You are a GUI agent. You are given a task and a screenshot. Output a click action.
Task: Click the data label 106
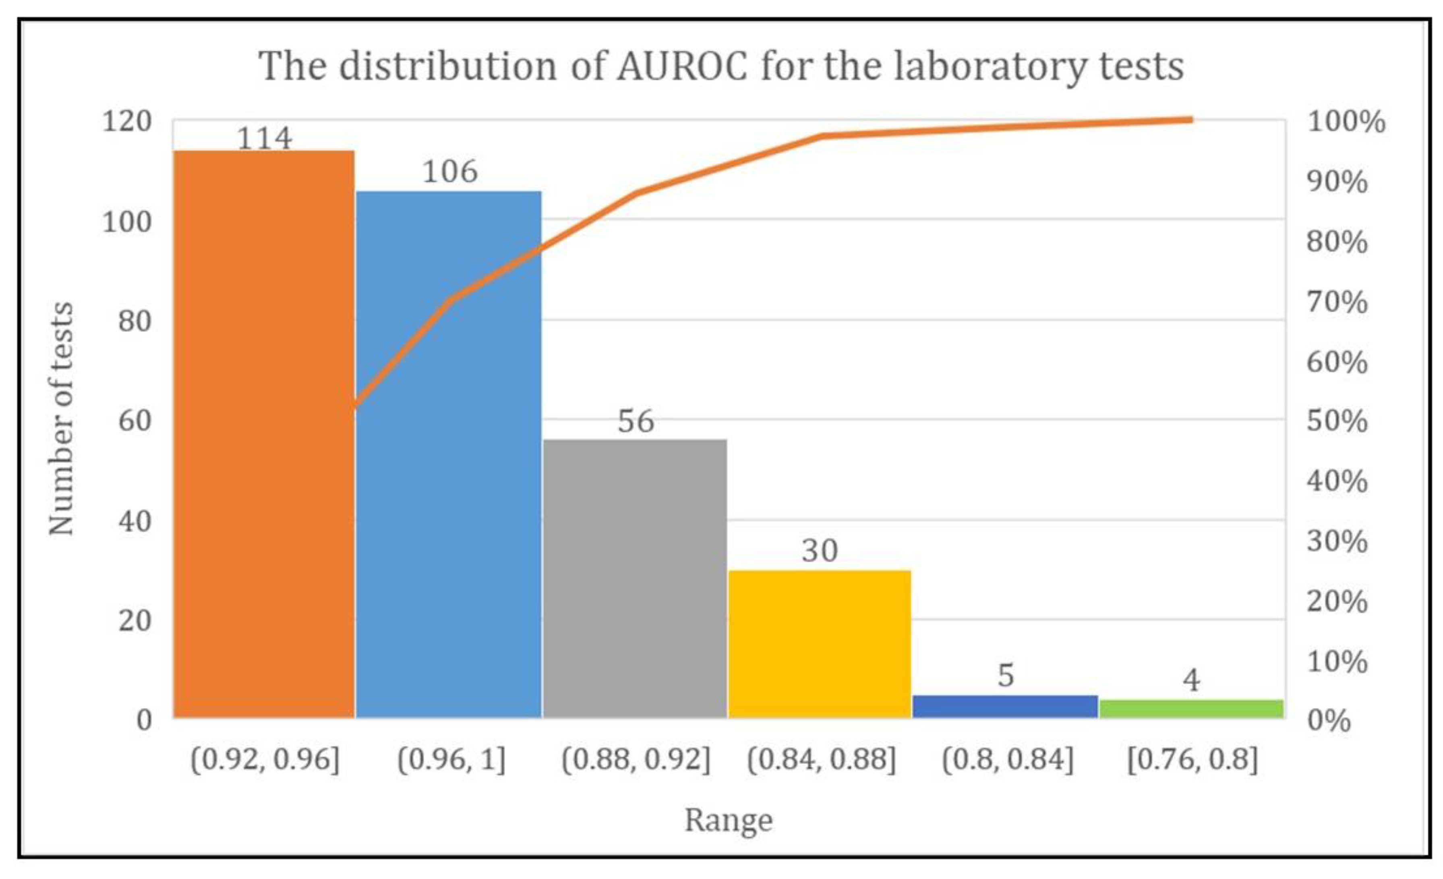point(450,172)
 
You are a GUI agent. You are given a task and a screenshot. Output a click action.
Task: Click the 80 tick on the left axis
point(135,321)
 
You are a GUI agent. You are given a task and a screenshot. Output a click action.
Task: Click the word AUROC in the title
point(682,66)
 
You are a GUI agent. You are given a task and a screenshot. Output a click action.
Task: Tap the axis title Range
point(729,820)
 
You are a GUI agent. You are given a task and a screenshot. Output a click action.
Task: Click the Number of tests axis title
point(61,419)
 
